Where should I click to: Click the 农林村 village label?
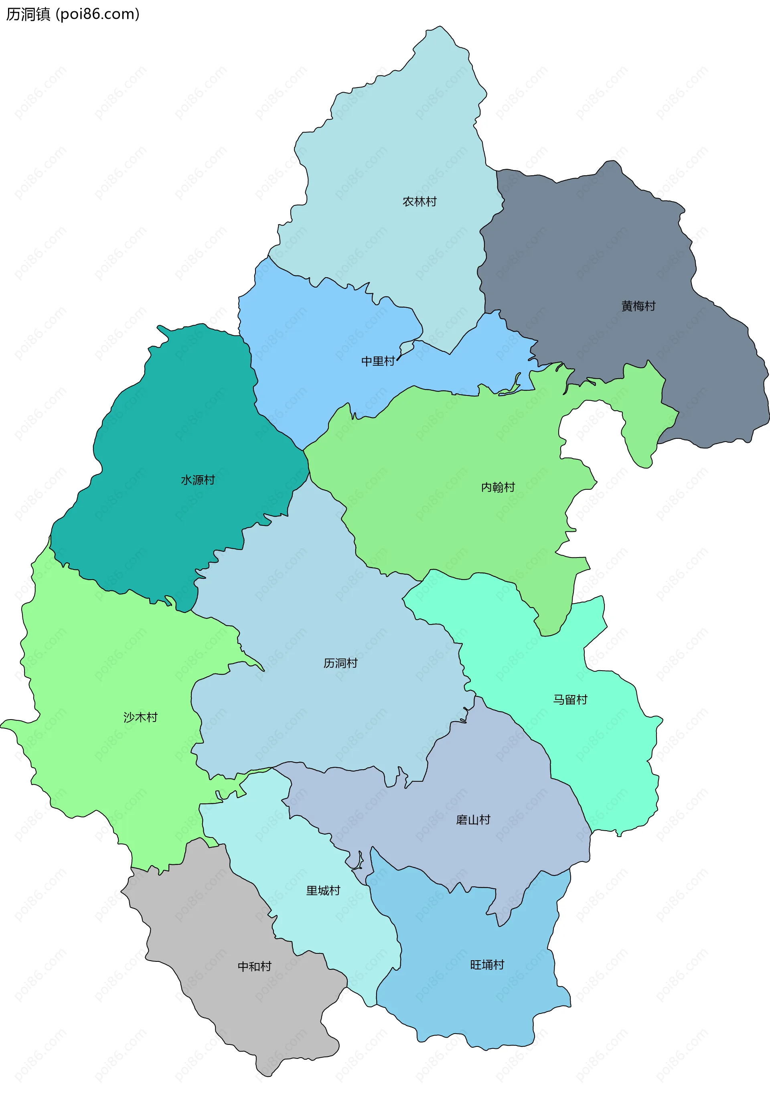tap(419, 202)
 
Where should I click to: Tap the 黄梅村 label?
tap(638, 306)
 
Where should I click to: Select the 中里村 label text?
tap(378, 361)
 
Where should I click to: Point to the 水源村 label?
tap(197, 480)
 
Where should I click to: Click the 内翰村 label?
tap(498, 487)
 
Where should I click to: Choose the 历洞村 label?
tap(340, 663)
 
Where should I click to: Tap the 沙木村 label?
tap(140, 717)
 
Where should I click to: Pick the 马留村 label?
tap(570, 700)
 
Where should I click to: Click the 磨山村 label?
tap(473, 819)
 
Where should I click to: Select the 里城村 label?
tap(323, 891)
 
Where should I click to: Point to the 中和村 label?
tap(255, 966)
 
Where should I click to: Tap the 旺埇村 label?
tap(487, 965)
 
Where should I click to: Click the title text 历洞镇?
tap(28, 14)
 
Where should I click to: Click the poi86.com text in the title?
tap(97, 14)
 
